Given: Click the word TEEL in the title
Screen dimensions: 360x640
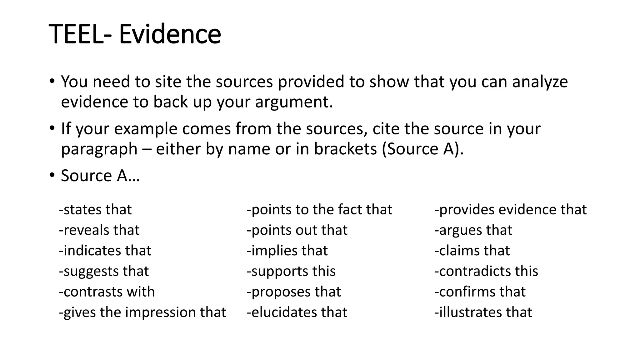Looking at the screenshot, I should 76,34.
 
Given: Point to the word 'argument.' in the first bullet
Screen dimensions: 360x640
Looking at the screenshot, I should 294,102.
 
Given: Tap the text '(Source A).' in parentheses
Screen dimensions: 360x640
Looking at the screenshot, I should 423,149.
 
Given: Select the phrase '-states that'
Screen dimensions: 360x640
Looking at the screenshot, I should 95,210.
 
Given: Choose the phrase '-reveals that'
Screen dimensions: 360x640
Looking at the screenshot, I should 99,230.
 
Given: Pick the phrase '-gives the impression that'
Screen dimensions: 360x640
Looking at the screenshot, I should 142,312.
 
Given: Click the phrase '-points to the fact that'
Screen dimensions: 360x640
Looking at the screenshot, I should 319,210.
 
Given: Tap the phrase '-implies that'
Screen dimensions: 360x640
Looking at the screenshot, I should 287,251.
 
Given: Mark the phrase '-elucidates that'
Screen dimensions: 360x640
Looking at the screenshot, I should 297,312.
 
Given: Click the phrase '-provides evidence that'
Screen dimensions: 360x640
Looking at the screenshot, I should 511,210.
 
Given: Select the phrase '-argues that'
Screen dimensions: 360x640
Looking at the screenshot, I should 473,230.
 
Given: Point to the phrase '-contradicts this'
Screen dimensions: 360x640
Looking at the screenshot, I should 486,271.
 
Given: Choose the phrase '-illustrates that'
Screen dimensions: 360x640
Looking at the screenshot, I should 483,312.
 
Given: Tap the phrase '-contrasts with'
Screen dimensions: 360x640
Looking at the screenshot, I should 107,292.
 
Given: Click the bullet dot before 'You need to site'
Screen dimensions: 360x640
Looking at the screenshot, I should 52,81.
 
